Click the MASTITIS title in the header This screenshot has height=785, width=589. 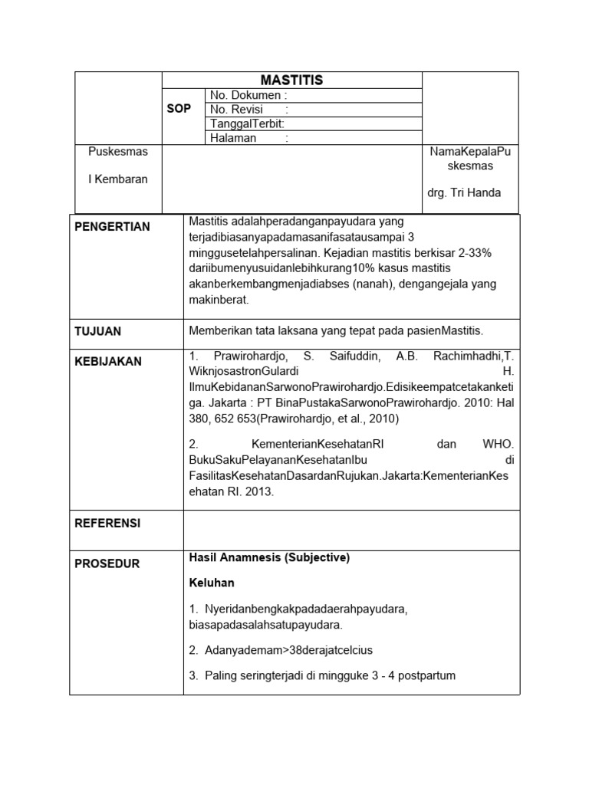coord(291,80)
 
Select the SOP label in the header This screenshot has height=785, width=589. coord(179,109)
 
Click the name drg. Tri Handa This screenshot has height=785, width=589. coord(464,192)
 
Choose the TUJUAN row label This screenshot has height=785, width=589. coord(98,332)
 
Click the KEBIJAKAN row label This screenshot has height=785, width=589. coord(108,361)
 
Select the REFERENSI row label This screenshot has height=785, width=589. coord(107,524)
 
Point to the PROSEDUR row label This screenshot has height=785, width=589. coord(107,564)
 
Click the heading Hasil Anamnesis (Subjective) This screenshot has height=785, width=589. coord(269,558)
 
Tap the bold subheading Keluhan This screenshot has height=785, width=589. coord(212,583)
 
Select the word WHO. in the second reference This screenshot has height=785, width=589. coord(498,445)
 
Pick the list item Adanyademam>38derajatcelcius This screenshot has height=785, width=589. coord(281,651)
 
